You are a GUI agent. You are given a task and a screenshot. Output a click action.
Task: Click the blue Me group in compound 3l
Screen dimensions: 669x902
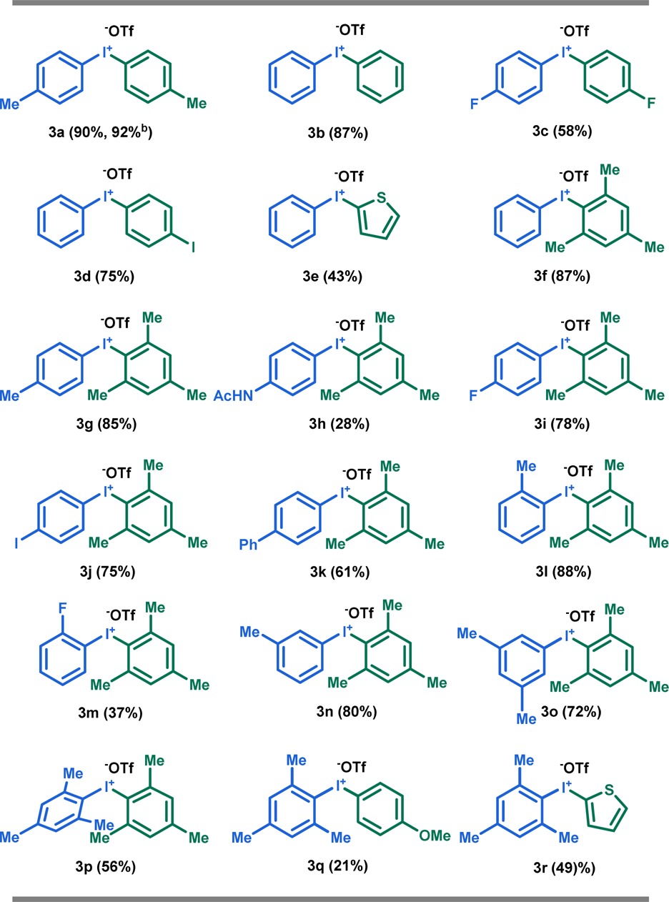click(x=526, y=466)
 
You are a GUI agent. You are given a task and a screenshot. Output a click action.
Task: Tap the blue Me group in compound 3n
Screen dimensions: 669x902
click(x=250, y=632)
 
